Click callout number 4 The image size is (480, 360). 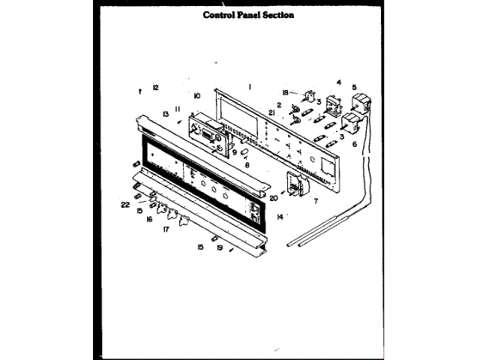[339, 82]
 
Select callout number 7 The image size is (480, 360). [316, 201]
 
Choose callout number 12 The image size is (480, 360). [156, 88]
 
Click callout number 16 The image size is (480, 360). [150, 220]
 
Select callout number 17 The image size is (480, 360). [166, 230]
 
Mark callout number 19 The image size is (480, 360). [219, 247]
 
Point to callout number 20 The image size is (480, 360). [274, 199]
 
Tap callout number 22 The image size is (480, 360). [125, 205]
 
